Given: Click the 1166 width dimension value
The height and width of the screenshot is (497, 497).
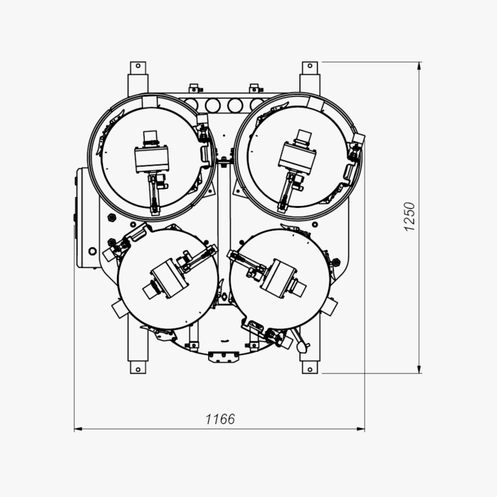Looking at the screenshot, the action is click(x=220, y=419).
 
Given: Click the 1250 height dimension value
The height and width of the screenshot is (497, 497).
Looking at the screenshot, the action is click(x=410, y=217).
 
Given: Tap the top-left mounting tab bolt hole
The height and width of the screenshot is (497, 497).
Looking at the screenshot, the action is click(x=138, y=66).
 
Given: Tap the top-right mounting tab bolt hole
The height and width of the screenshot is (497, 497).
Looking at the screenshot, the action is click(x=310, y=66).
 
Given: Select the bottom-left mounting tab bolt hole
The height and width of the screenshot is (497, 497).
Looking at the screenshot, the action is click(x=138, y=369).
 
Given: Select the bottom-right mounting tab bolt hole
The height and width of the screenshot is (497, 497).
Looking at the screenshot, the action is click(x=310, y=369).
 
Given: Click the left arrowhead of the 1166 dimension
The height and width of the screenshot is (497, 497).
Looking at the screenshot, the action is click(x=78, y=429).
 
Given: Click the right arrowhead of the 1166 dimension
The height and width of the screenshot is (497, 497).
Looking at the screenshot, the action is click(x=361, y=429).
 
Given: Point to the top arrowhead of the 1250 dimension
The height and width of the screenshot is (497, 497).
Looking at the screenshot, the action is click(x=419, y=66).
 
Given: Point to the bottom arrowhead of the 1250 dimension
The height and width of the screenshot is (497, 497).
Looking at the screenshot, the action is click(x=419, y=369).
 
